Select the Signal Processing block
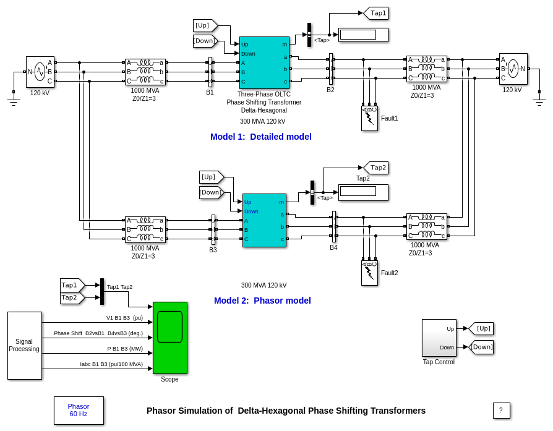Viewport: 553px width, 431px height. [x=25, y=345]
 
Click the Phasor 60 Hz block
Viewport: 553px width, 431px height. [x=79, y=410]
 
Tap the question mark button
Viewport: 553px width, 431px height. [x=501, y=411]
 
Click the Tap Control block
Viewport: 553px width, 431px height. [x=439, y=338]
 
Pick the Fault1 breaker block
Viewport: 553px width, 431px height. [x=369, y=118]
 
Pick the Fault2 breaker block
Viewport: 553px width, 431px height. [x=369, y=273]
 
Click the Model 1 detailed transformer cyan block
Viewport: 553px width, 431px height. [x=264, y=62]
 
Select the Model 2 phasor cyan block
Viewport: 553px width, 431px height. [x=264, y=220]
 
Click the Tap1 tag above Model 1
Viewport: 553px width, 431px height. [x=377, y=13]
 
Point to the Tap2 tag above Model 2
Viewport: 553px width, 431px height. [x=377, y=168]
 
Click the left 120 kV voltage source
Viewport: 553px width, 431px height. [x=40, y=72]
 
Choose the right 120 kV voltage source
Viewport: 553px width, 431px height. [x=513, y=69]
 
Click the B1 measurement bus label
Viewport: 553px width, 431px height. [x=210, y=92]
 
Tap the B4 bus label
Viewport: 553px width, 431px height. [x=333, y=247]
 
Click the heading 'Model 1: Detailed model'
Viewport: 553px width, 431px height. [x=260, y=137]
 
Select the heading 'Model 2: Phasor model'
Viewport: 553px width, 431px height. [x=262, y=301]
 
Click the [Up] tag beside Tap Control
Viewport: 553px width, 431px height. [x=482, y=328]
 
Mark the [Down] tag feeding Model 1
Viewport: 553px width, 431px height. [x=205, y=41]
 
